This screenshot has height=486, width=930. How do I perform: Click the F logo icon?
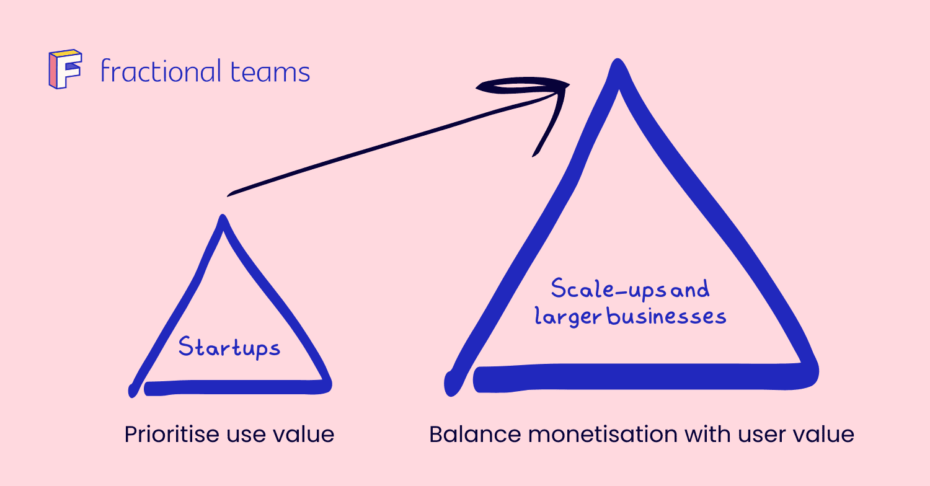64,69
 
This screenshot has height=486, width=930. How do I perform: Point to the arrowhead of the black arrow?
558,87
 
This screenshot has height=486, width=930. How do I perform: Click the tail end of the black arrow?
229,194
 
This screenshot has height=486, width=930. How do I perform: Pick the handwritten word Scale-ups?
599,289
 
